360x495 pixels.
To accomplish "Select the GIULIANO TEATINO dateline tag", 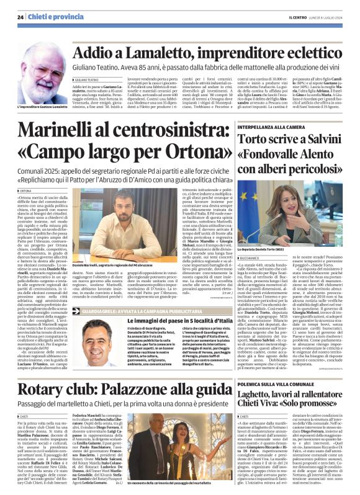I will (x=89, y=80).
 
